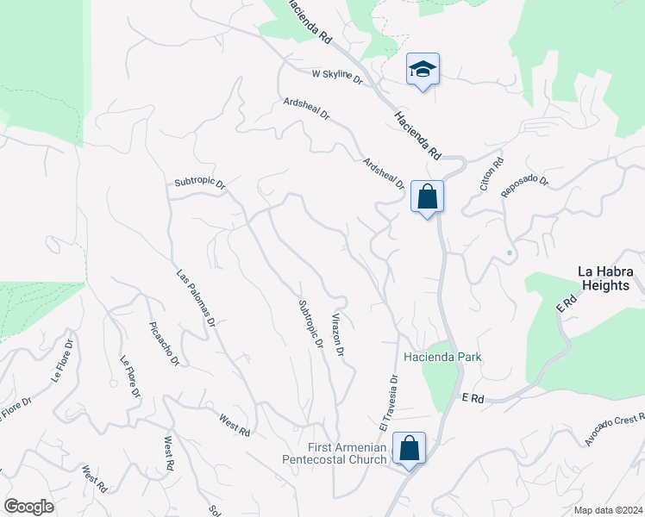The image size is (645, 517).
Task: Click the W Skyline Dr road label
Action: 337,75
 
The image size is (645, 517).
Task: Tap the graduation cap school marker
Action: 423,69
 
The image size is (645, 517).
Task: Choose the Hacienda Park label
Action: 442,357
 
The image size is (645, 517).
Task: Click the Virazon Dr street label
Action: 338,334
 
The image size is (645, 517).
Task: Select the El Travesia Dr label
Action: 387,403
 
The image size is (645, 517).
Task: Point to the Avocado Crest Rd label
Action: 614,430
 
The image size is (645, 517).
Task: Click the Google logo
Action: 28,507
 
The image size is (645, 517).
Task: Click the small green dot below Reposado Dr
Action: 510,252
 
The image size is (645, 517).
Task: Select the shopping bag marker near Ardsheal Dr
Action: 427,196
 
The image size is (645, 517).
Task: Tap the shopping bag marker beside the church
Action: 409,448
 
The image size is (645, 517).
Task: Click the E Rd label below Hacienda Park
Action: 474,399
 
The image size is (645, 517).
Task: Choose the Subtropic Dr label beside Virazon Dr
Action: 310,324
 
